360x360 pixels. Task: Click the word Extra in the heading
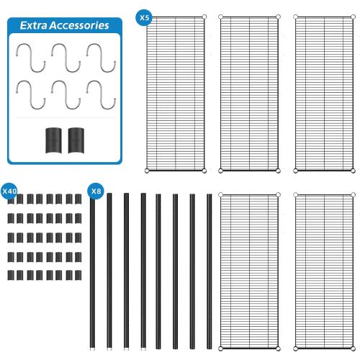[33, 25]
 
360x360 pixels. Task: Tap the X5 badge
[144, 17]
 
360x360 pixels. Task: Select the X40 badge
[9, 191]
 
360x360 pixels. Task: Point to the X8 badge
[96, 191]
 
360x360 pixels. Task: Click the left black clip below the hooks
[53, 140]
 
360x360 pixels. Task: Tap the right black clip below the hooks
[76, 140]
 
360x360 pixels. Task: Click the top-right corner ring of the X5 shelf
[204, 17]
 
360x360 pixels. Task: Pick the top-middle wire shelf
[249, 94]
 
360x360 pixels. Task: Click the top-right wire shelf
[324, 94]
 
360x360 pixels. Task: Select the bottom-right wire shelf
[324, 271]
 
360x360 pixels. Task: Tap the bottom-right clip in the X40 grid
[78, 275]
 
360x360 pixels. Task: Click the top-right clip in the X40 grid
[78, 199]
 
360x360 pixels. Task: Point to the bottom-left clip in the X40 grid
[11, 275]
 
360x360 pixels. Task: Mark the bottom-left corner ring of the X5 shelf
[147, 171]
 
